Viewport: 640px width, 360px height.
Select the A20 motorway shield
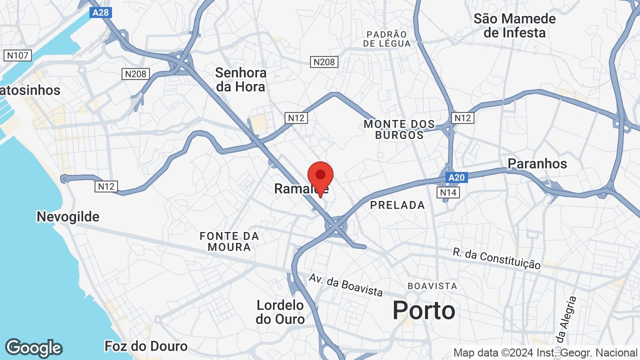pos(456,177)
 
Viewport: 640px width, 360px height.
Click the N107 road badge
pos(17,55)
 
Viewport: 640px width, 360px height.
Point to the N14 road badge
pos(447,192)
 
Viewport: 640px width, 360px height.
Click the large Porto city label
pos(423,310)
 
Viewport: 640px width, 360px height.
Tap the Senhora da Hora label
pos(240,79)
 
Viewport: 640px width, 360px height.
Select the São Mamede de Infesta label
pos(514,26)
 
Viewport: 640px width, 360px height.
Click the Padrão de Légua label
pos(387,39)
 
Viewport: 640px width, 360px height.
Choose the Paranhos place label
pos(537,163)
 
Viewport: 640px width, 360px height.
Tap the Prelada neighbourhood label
pos(397,205)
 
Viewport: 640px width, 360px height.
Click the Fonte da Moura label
pos(229,241)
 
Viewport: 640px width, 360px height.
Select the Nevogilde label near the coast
pos(68,216)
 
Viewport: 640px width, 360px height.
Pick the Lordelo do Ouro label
pos(280,311)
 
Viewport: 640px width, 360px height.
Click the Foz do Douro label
pos(146,346)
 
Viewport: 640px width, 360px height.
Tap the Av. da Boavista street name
pos(345,284)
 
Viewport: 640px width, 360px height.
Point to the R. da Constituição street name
pos(496,258)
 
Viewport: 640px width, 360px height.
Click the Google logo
pos(33,348)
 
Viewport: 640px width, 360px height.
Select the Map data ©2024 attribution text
pos(545,353)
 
